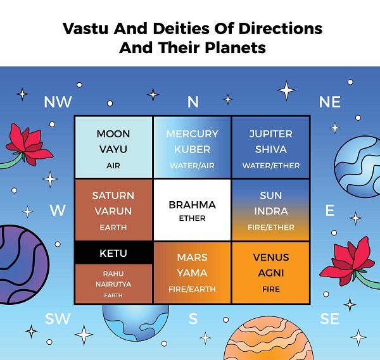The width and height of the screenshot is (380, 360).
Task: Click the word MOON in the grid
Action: (113, 134)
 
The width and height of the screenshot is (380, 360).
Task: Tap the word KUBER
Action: (192, 149)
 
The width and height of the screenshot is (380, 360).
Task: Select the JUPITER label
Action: (271, 134)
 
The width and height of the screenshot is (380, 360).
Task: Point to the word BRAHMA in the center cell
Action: (192, 205)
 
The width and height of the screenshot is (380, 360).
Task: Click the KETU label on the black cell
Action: (113, 253)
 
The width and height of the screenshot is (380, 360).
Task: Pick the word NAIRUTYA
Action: (113, 284)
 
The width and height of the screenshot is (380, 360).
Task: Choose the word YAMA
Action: (192, 273)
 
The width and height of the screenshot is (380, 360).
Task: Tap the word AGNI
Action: (271, 273)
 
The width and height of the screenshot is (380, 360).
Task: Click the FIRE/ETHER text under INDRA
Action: (271, 227)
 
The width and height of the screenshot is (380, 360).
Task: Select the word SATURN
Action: (113, 196)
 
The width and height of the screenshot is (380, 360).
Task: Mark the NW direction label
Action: (58, 102)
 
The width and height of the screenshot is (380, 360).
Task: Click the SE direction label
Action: (329, 319)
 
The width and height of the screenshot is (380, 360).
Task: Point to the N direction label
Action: (193, 102)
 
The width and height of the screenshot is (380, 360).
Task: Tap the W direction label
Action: (58, 210)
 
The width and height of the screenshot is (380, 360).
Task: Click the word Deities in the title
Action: (181, 28)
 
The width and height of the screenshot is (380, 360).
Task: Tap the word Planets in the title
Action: (236, 47)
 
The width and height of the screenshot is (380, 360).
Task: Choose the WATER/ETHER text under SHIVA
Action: (271, 166)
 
